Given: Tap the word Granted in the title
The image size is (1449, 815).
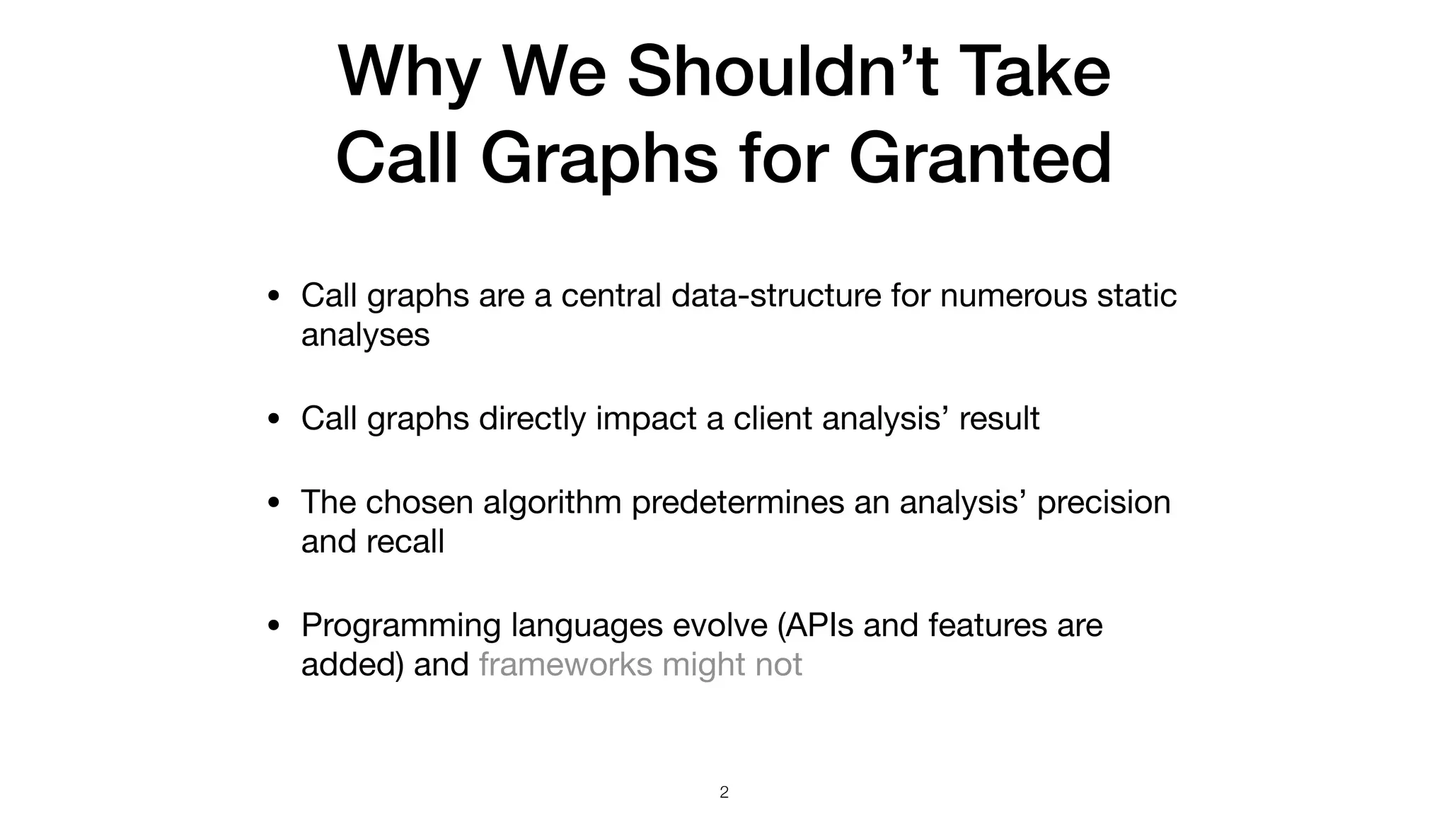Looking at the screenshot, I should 984,158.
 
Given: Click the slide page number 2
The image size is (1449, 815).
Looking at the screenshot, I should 724,792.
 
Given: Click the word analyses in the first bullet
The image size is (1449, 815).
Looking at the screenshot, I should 365,335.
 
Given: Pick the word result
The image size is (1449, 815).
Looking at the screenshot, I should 999,418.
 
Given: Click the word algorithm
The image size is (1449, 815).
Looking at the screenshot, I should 552,502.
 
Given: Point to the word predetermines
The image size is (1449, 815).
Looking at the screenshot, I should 737,502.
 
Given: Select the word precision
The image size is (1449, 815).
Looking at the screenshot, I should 1103,502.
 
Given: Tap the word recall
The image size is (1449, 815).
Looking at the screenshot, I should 405,542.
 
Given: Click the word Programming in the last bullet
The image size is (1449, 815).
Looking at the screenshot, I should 400,626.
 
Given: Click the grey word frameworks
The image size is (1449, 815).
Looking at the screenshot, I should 565,665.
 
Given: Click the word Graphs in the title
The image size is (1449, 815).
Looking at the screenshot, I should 599,158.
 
